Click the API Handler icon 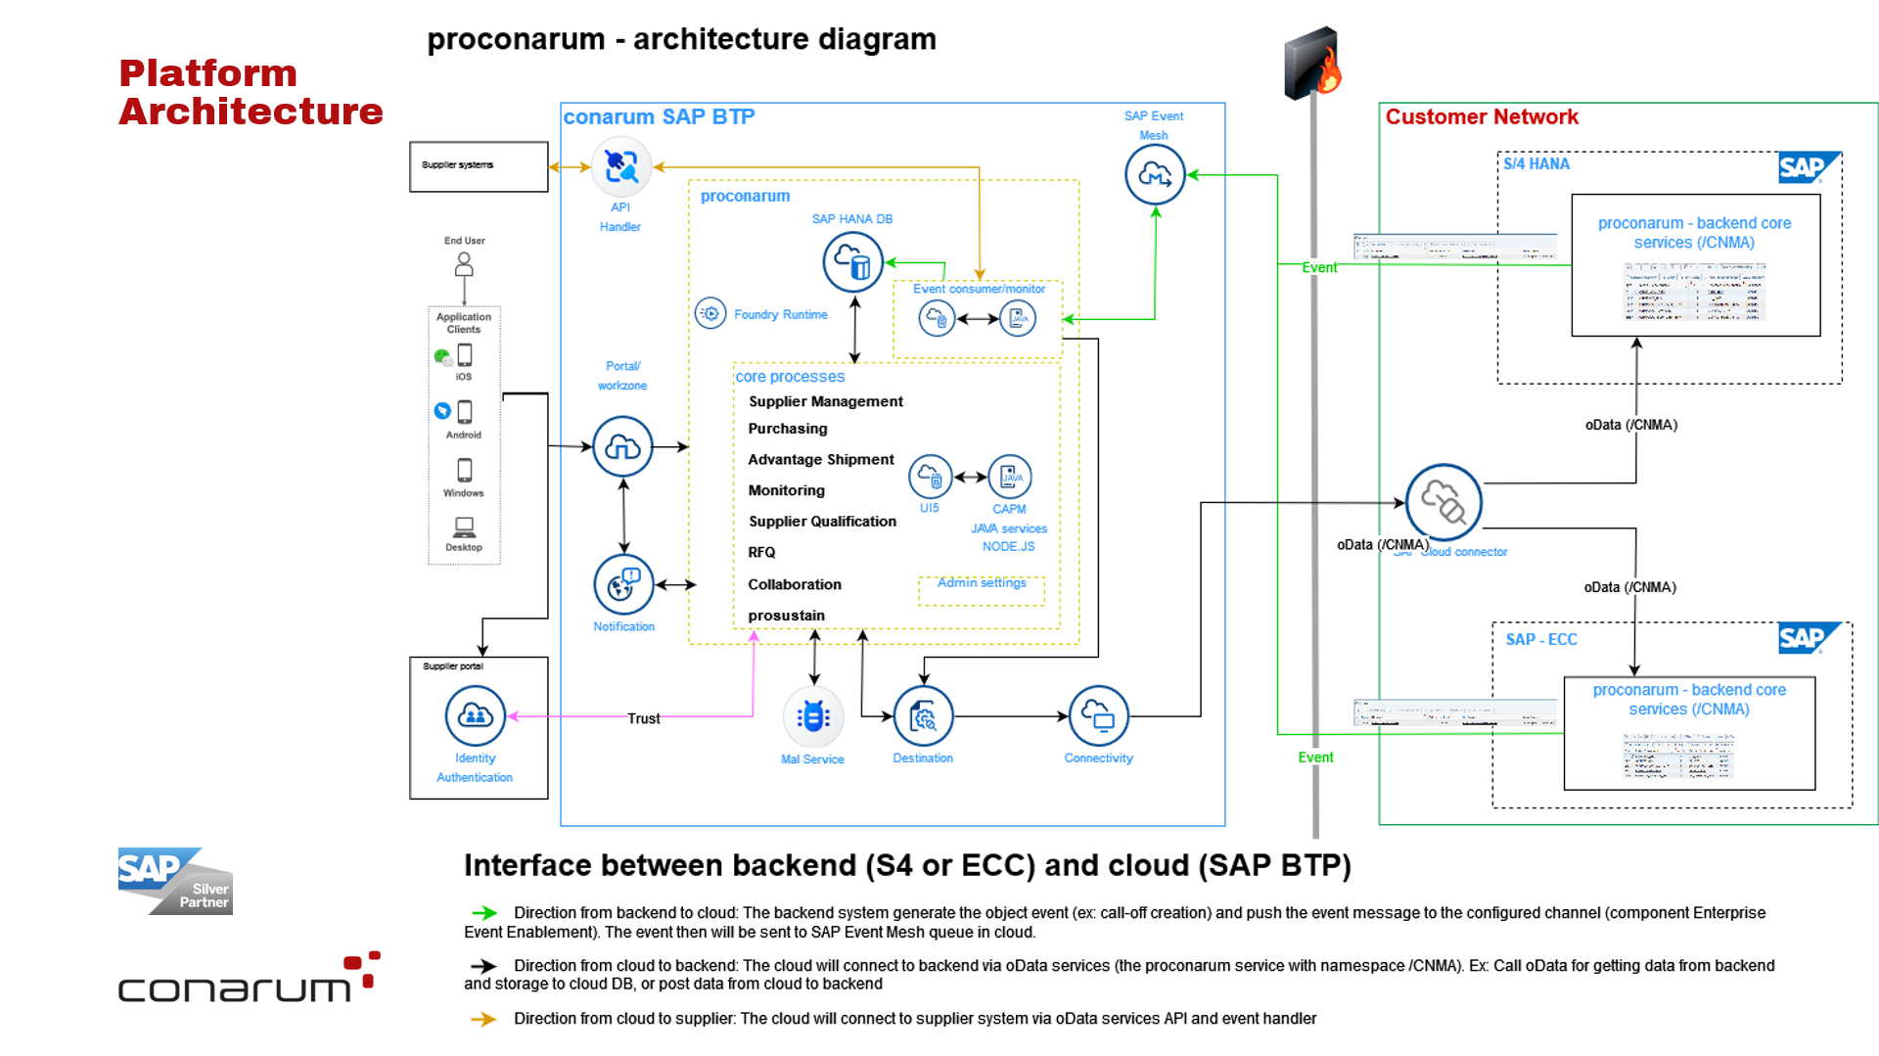pos(621,167)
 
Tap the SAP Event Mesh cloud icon pos(1155,175)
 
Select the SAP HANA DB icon pos(852,262)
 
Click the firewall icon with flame pos(1312,64)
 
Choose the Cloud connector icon pos(1444,502)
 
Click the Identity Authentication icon pos(476,715)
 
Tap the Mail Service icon pos(813,716)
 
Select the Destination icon pos(923,716)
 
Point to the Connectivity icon pos(1098,716)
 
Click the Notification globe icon pos(623,585)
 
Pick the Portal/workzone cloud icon pos(622,446)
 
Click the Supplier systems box pos(479,166)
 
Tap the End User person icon pos(464,264)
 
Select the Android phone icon pos(465,412)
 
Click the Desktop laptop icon pos(464,527)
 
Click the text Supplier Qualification pos(822,522)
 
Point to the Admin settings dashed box pos(982,590)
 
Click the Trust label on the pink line pos(644,718)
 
